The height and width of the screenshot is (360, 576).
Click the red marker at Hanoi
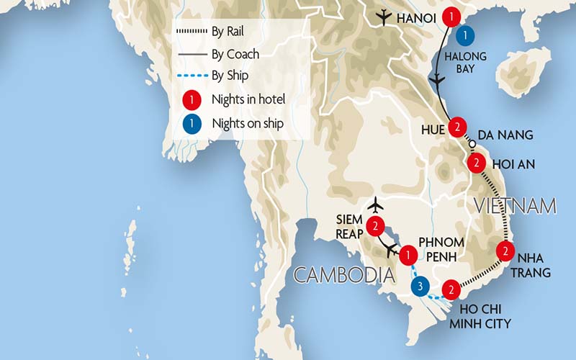[x=451, y=16]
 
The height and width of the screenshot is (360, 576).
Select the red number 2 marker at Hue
[x=456, y=127]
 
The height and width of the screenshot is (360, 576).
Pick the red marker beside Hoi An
[x=475, y=163]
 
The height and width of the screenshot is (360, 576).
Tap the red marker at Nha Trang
[x=506, y=251]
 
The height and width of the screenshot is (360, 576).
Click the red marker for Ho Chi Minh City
[x=451, y=290]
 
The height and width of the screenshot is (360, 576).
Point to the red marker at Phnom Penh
[x=408, y=254]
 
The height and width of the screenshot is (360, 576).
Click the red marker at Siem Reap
[x=375, y=226]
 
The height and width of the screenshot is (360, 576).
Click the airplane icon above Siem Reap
[x=374, y=206]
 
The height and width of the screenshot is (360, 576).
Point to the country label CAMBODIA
[x=343, y=274]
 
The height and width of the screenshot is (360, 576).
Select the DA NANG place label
[x=505, y=135]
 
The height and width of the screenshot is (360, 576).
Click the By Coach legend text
[x=235, y=54]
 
